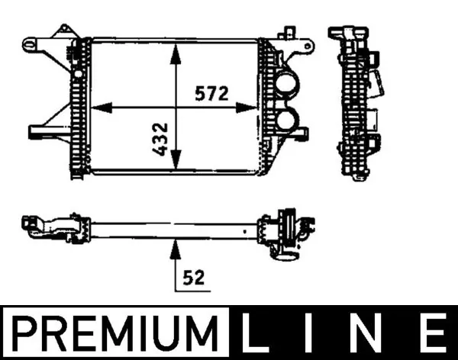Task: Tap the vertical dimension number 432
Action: (x=161, y=137)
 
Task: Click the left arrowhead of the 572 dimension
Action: (x=98, y=107)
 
